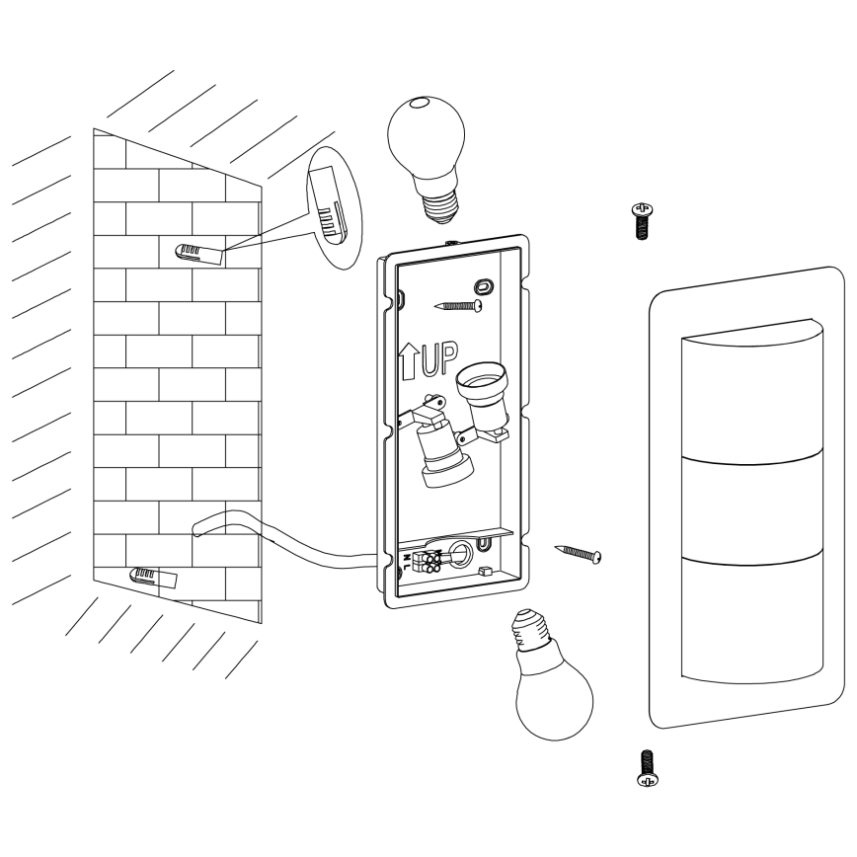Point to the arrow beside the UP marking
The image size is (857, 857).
pyautogui.click(x=408, y=362)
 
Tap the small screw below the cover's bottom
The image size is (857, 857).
pyautogui.click(x=648, y=766)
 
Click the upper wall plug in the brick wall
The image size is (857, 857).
pyautogui.click(x=197, y=253)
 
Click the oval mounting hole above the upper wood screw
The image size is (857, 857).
pyautogui.click(x=484, y=286)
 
